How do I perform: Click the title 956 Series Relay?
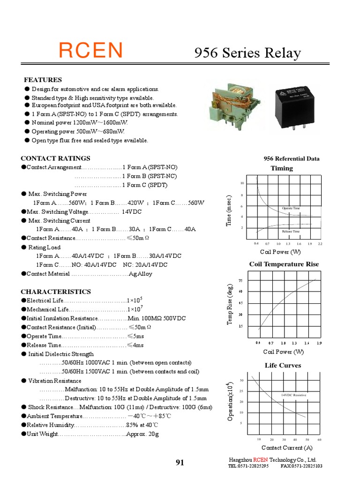click(x=247, y=53)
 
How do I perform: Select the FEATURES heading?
click(x=43, y=80)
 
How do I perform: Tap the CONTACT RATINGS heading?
click(x=55, y=158)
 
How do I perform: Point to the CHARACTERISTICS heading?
click(x=56, y=292)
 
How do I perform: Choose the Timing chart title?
click(x=282, y=168)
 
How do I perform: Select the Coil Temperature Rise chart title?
click(x=284, y=264)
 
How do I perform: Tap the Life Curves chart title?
click(x=283, y=365)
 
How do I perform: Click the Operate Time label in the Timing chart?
click(x=291, y=208)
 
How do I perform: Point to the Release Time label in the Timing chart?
click(x=291, y=232)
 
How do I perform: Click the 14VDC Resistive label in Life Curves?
click(x=293, y=395)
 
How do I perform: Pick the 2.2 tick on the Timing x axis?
click(x=320, y=244)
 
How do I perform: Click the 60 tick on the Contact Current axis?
click(x=319, y=440)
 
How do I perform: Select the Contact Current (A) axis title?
click(x=287, y=448)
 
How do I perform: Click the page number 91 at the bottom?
click(x=180, y=463)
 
